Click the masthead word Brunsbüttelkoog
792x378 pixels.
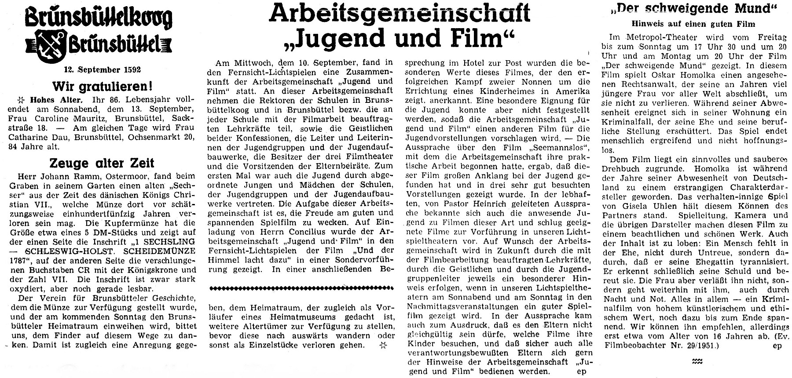(98, 19)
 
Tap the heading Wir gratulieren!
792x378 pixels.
(99, 85)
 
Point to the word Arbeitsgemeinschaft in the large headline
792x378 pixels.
(399, 14)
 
